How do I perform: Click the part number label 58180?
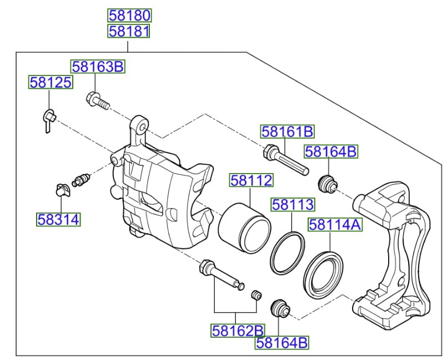tap(129, 16)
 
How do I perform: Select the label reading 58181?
tap(129, 31)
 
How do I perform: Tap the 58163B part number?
tap(98, 67)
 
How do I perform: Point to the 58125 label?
tap(51, 83)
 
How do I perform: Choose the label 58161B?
tap(288, 131)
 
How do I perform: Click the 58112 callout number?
tap(252, 180)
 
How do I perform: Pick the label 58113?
tap(293, 205)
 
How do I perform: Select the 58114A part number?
tap(335, 225)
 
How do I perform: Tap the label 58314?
tap(58, 220)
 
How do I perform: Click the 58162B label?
tap(237, 331)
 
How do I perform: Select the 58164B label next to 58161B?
tap(331, 151)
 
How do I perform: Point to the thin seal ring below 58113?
tap(288, 253)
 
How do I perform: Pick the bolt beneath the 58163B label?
tap(97, 100)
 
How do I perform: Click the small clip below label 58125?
tap(48, 119)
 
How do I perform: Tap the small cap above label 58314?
tap(61, 190)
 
